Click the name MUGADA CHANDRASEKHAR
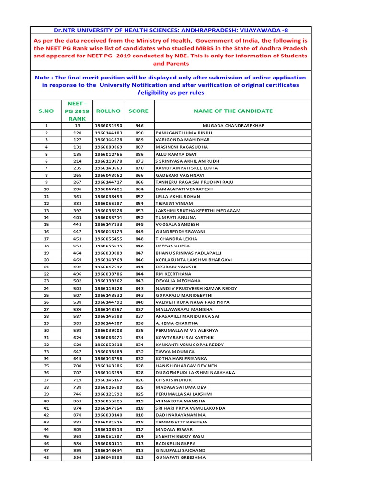pyautogui.click(x=233, y=126)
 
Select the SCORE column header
pyautogui.click(x=139, y=111)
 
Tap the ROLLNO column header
pyautogui.click(x=108, y=111)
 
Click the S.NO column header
pyautogui.click(x=46, y=111)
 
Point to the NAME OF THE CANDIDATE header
pyautogui.click(x=233, y=111)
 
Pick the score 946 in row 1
pyautogui.click(x=139, y=126)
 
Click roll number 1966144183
pyautogui.click(x=108, y=133)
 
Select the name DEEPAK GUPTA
pyautogui.click(x=172, y=245)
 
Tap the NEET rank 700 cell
pyautogui.click(x=77, y=365)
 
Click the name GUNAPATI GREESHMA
pyautogui.click(x=180, y=457)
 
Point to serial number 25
pyautogui.click(x=46, y=295)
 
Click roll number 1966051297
pyautogui.click(x=108, y=436)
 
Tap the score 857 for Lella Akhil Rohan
pyautogui.click(x=139, y=196)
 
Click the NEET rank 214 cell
pyautogui.click(x=77, y=161)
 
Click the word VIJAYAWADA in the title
pyautogui.click(x=249, y=30)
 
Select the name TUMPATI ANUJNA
pyautogui.click(x=176, y=217)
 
